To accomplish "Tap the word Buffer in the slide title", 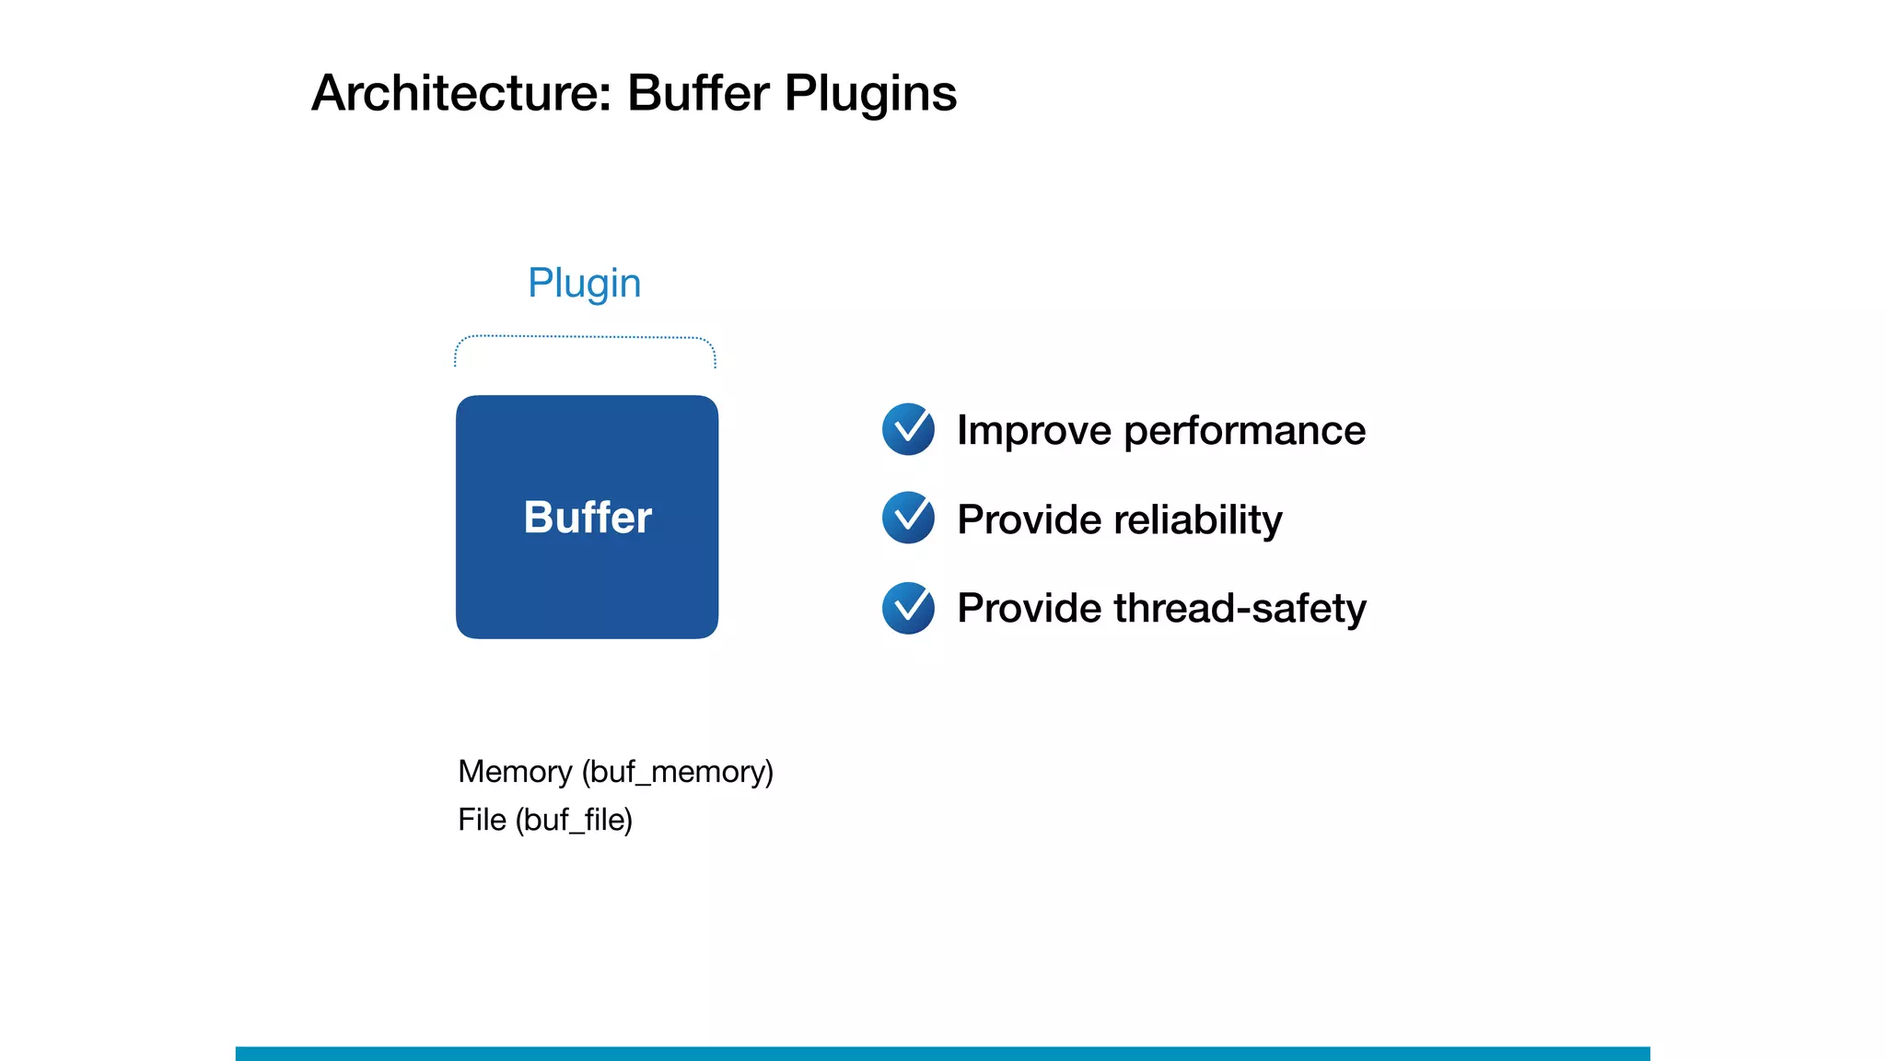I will (x=697, y=93).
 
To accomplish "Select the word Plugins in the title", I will (x=870, y=93).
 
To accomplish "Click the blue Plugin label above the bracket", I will (x=584, y=283).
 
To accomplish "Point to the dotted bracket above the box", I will (x=585, y=338).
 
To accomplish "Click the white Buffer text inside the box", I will (x=588, y=517).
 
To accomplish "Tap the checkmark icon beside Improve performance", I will (x=908, y=429).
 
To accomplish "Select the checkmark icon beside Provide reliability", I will (x=908, y=518).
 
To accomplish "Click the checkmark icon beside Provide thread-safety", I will (x=908, y=608).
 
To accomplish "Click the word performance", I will (x=1244, y=430).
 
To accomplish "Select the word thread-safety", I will (x=1240, y=608).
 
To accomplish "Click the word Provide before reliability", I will (x=1029, y=519).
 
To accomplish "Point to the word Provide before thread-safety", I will (x=1029, y=608).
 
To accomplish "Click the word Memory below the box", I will (x=515, y=771).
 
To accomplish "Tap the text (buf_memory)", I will (x=678, y=772).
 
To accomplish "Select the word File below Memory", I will (x=482, y=819).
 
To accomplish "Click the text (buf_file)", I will (x=574, y=820).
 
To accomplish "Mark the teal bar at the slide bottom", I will (x=942, y=1053).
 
